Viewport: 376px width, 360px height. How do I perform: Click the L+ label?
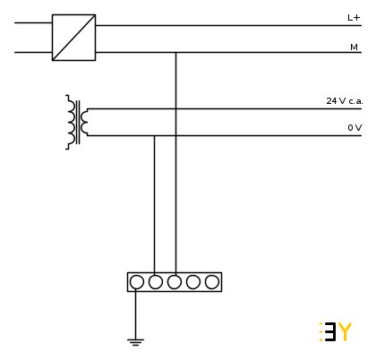coord(354,18)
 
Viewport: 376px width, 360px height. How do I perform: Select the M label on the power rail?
coord(354,47)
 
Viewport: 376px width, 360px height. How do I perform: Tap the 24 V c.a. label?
coord(345,101)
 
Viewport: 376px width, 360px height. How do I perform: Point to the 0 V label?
coord(355,128)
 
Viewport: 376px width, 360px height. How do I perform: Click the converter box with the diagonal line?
coord(73,38)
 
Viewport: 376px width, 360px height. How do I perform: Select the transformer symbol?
coord(77,122)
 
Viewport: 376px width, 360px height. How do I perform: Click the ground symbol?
coord(135,342)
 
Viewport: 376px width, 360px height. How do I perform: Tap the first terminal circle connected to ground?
coord(137,282)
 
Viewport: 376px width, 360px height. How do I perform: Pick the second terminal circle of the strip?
coord(156,282)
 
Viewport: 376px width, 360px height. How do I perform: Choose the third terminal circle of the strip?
coord(175,282)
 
